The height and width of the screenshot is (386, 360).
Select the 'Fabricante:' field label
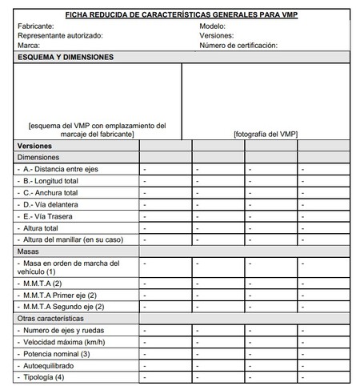tap(36, 26)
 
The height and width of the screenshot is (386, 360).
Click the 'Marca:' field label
tap(29, 46)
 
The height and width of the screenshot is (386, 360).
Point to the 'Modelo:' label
tap(215, 26)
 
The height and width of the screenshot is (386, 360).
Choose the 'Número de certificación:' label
tap(238, 46)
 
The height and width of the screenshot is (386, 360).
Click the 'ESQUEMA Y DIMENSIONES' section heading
tap(65, 58)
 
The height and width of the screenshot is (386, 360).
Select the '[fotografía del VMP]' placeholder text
tap(266, 135)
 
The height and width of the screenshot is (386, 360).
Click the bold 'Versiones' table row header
tap(34, 147)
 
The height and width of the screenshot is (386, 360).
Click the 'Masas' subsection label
tap(28, 251)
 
